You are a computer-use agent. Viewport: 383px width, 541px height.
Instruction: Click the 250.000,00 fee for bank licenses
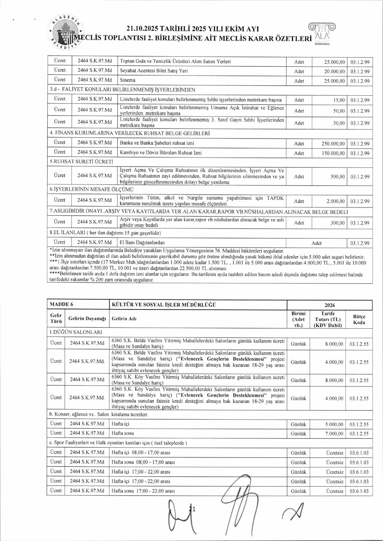pyautogui.click(x=333, y=144)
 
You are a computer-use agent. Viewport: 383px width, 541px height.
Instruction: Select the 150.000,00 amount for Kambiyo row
pyautogui.click(x=333, y=153)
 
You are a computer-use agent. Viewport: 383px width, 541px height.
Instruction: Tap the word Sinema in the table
pyautogui.click(x=128, y=80)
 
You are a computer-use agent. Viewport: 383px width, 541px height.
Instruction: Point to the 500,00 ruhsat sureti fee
pyautogui.click(x=338, y=177)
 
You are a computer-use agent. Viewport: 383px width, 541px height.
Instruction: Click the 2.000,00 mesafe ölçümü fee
pyautogui.click(x=336, y=201)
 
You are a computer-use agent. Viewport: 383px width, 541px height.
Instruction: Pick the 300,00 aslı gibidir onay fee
pyautogui.click(x=338, y=223)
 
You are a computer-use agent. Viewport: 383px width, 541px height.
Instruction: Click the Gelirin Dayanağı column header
pyautogui.click(x=87, y=319)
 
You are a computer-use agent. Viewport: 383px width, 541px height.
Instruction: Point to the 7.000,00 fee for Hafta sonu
pyautogui.click(x=334, y=433)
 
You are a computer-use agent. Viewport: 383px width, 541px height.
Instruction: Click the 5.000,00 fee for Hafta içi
pyautogui.click(x=334, y=424)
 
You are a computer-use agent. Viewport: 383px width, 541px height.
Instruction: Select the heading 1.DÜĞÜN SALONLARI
pyautogui.click(x=76, y=332)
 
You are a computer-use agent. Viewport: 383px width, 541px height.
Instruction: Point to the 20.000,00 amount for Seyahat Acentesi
pyautogui.click(x=334, y=71)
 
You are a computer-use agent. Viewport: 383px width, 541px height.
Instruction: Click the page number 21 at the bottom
pyautogui.click(x=192, y=509)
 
